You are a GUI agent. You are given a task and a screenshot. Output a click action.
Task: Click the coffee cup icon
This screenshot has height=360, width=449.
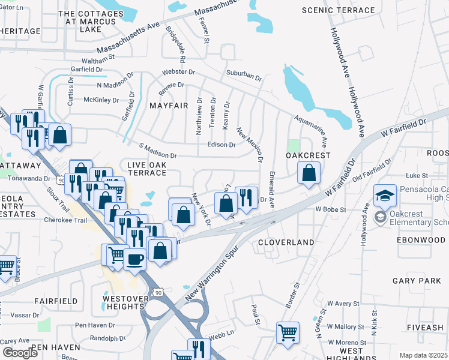coord(134,260)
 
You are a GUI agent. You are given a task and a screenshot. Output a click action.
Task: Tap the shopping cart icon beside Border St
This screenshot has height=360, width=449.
coord(288,332)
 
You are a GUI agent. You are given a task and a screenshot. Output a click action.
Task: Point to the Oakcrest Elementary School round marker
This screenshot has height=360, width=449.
coord(381,217)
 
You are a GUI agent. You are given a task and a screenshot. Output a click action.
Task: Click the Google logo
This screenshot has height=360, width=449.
coord(20,353)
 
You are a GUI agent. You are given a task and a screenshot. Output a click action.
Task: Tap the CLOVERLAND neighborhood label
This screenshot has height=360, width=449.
coord(286,242)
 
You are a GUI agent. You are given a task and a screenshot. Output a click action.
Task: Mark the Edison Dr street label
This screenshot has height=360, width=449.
coord(221,145)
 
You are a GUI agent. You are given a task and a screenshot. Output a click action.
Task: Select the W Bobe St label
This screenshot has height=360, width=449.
coord(331,210)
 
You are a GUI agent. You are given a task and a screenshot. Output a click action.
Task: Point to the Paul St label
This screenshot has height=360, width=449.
coord(256,314)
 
